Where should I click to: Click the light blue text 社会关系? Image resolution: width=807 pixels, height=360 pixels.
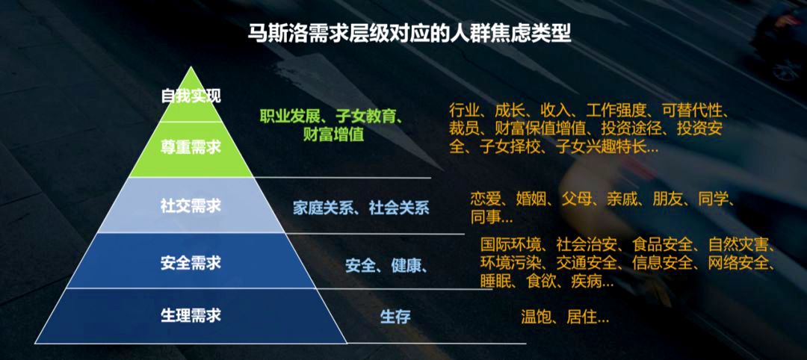pos(399,208)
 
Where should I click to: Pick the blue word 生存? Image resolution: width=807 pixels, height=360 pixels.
pos(395,316)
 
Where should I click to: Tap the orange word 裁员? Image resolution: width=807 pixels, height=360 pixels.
pos(464,128)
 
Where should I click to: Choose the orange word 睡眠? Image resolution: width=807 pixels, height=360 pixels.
pos(495,282)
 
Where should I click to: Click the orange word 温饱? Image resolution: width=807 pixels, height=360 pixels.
pos(536,317)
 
